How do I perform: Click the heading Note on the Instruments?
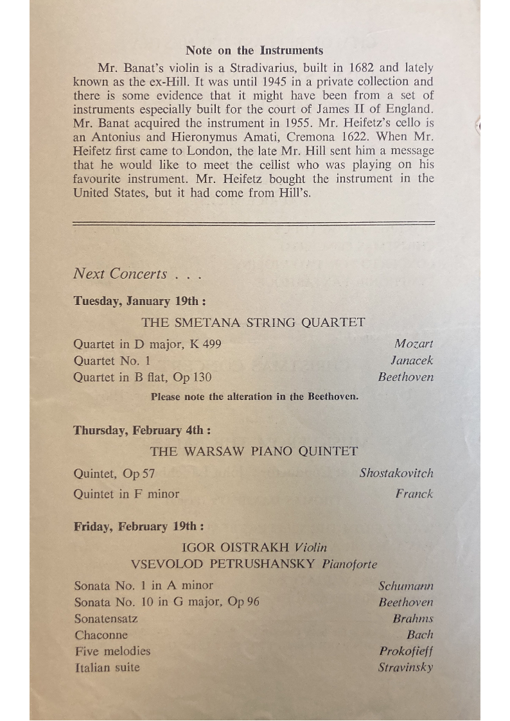254,50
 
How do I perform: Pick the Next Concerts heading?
120,274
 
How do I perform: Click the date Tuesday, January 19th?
139,301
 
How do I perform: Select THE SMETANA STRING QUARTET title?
253,322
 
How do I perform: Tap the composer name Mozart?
414,344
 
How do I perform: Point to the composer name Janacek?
412,361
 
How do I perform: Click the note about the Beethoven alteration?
254,396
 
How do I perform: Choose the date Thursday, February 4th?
141,430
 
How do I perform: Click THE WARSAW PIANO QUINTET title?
254,451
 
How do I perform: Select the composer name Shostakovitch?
396,473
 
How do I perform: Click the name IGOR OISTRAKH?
236,548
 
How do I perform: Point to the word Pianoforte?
349,564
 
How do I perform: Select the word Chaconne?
101,635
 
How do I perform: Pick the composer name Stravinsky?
405,667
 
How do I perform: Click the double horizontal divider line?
254,223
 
